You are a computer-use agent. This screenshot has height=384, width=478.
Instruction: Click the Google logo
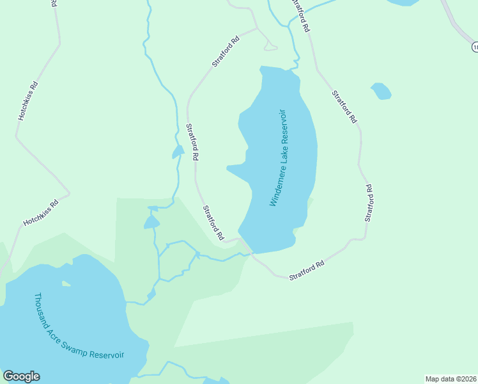click(21, 376)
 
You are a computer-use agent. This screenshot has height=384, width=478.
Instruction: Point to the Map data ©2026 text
click(451, 379)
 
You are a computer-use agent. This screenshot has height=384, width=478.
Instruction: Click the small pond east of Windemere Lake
click(381, 91)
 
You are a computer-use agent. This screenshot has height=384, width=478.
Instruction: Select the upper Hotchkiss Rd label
click(28, 101)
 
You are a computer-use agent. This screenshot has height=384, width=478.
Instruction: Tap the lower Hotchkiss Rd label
click(41, 213)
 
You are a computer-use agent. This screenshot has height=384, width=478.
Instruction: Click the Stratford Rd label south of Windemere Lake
click(307, 269)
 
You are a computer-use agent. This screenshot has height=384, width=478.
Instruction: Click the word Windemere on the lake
click(275, 186)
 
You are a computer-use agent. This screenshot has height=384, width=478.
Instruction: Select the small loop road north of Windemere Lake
click(269, 45)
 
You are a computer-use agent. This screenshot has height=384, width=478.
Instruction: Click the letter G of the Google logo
click(8, 376)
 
